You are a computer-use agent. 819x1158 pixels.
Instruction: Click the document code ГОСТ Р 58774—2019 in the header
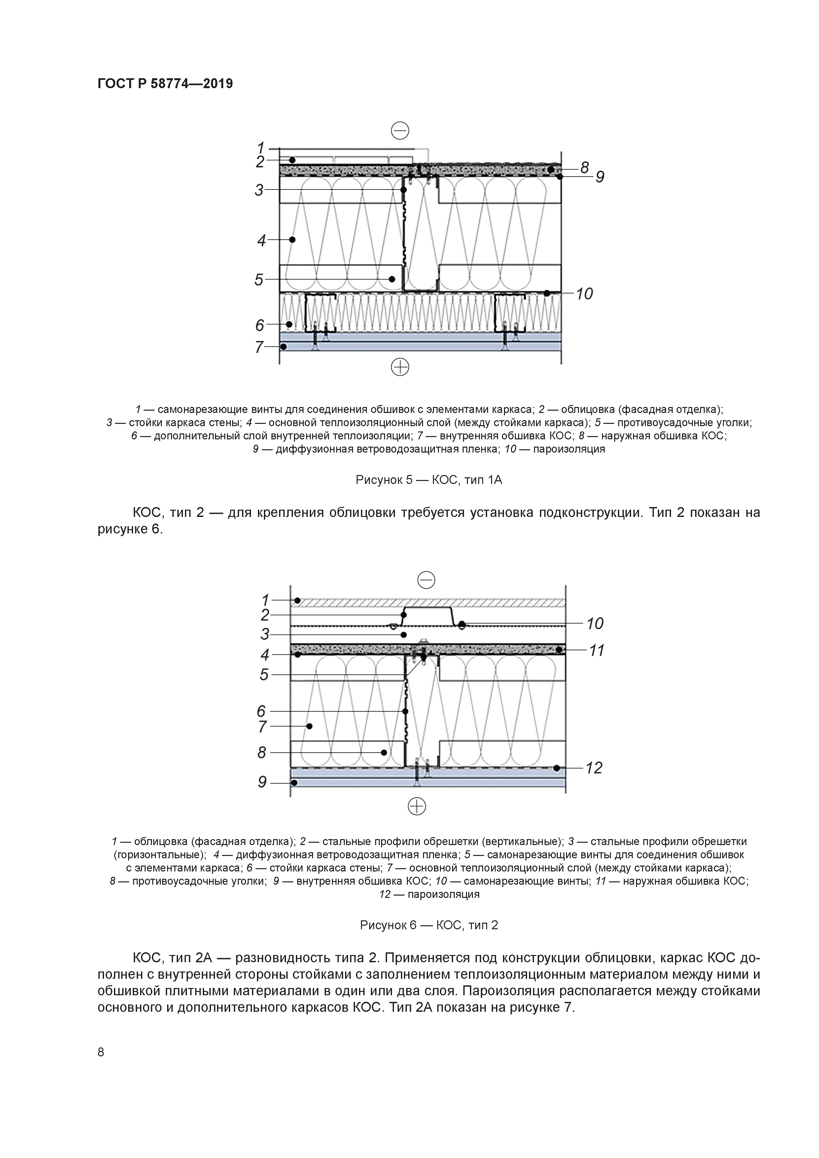pyautogui.click(x=165, y=84)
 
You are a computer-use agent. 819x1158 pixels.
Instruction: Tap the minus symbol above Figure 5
pyautogui.click(x=400, y=131)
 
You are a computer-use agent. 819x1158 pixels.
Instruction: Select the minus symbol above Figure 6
pyautogui.click(x=426, y=581)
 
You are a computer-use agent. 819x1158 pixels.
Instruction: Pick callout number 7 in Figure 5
pyautogui.click(x=259, y=347)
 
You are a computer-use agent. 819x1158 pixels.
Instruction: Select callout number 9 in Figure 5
pyautogui.click(x=599, y=177)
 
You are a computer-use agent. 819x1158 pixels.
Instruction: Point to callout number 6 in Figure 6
pyautogui.click(x=261, y=711)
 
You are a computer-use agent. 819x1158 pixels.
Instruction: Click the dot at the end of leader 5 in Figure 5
pyautogui.click(x=392, y=279)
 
